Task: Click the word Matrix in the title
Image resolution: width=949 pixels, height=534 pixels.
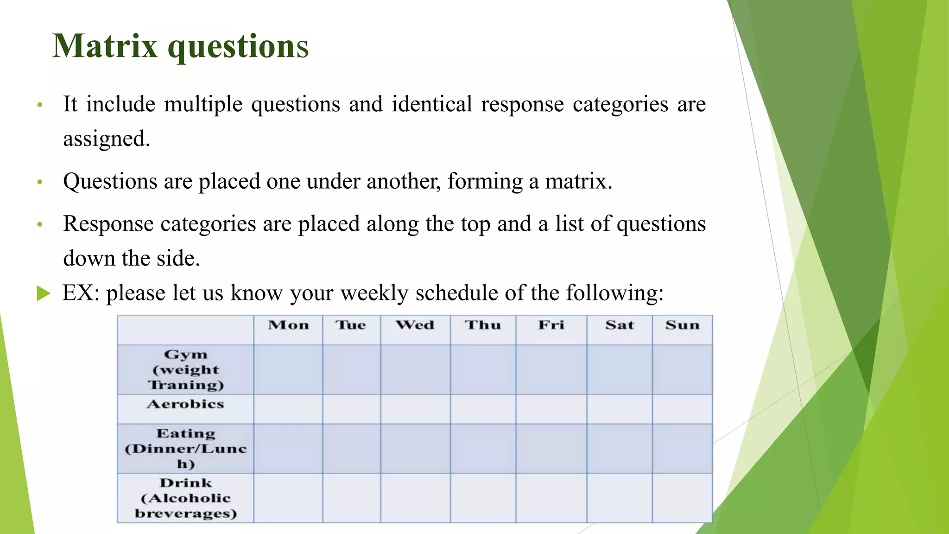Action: point(105,46)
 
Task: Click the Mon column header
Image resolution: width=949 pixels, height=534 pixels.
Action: point(288,325)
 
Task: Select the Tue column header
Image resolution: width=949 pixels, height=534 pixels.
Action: point(351,325)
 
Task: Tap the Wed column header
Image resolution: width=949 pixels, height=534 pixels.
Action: point(415,325)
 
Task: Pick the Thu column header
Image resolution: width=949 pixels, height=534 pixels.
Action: point(483,325)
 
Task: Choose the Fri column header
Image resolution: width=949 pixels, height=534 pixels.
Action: point(551,325)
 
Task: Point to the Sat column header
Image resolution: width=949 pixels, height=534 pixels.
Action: point(620,325)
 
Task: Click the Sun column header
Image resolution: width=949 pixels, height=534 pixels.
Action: point(682,325)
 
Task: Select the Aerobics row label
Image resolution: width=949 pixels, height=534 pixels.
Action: point(185,405)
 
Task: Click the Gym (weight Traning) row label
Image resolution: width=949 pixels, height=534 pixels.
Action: point(185,370)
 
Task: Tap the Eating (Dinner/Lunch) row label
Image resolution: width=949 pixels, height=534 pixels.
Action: point(185,449)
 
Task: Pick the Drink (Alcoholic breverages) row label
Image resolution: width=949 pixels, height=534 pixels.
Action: point(185,498)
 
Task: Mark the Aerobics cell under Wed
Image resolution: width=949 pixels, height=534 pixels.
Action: point(415,409)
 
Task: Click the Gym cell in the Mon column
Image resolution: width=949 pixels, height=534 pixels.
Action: point(288,370)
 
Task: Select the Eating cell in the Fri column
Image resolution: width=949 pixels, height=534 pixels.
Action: point(551,449)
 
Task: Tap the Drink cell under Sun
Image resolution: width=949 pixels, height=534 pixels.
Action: point(682,498)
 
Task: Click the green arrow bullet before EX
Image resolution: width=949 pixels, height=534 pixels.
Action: point(43,293)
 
